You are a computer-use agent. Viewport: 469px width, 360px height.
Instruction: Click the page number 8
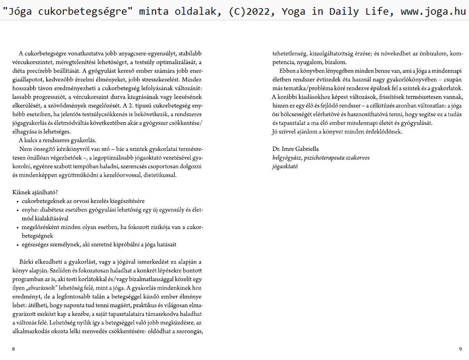pyautogui.click(x=13, y=349)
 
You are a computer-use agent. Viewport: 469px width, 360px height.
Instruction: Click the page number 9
pyautogui.click(x=460, y=349)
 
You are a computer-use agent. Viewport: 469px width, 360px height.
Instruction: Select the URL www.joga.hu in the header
pyautogui.click(x=433, y=11)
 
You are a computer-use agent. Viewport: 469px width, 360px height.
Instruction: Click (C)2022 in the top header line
pyautogui.click(x=243, y=11)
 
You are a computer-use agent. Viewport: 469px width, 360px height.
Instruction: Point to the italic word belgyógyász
pyautogui.click(x=287, y=158)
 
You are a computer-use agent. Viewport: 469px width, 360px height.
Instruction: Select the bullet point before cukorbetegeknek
pyautogui.click(x=18, y=202)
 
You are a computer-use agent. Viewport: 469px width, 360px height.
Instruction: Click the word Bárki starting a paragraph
pyautogui.click(x=26, y=261)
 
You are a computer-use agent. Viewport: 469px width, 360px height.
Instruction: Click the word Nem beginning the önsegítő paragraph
pyautogui.click(x=24, y=149)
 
